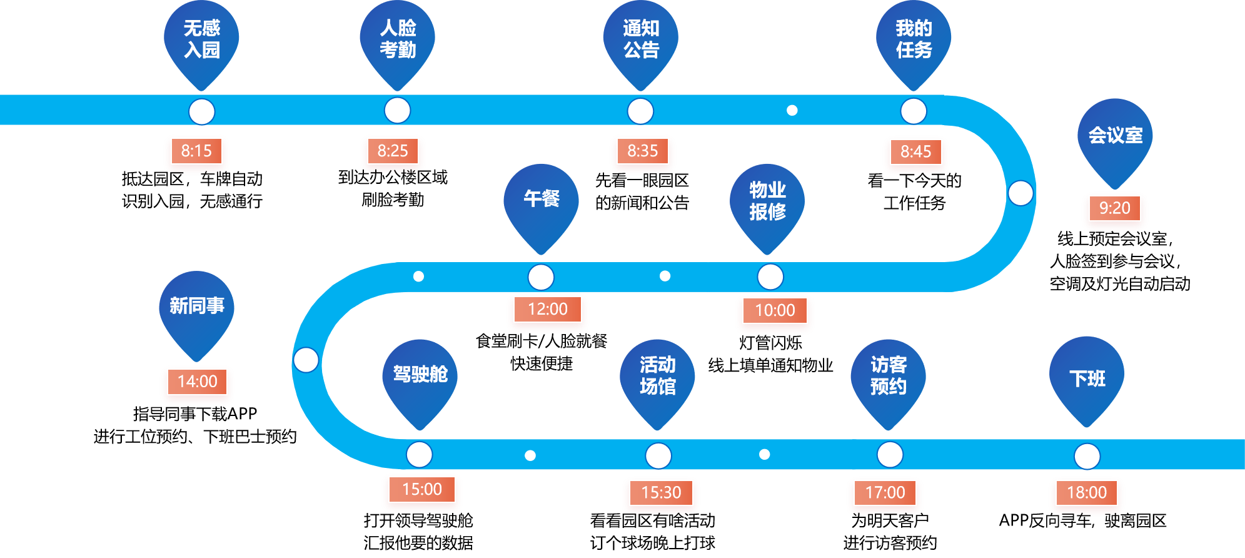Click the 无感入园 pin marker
point(201,39)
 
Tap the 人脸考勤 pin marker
point(397,39)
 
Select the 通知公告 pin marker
point(640,39)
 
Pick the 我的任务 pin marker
point(914,39)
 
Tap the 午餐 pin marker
point(541,201)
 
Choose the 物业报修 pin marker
point(767,201)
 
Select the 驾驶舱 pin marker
point(420,377)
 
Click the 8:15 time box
point(196,151)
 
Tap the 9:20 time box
point(1114,208)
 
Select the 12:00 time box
point(547,310)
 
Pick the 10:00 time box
point(775,311)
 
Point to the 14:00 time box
point(197,382)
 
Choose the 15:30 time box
point(661,493)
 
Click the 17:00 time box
point(885,493)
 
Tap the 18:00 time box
point(1087,493)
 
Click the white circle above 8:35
point(640,111)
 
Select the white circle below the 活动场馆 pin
point(658,456)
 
